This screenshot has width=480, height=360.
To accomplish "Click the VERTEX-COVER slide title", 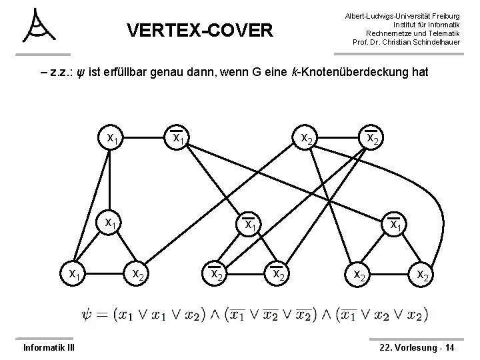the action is click(x=199, y=30).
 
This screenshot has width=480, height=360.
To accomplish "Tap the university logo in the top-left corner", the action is click(x=38, y=27).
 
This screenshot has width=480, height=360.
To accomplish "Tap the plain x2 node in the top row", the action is click(x=308, y=139).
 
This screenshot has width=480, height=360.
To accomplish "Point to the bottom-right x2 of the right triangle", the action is click(x=423, y=274).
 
